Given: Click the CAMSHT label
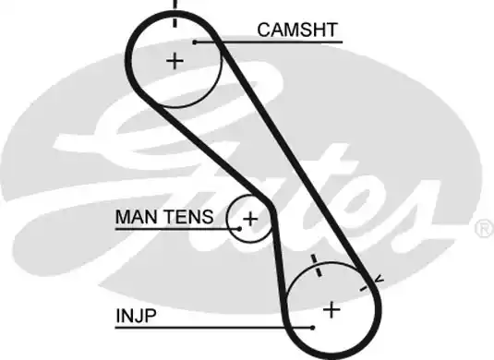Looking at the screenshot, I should tap(298, 30).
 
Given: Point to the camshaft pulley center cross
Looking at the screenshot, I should tap(175, 61).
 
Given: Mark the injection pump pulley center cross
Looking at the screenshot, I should tap(331, 308).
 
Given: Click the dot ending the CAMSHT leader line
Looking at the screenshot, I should tap(195, 42).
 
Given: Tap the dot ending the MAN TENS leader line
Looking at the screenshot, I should tap(238, 226).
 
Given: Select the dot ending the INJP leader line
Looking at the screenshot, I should tap(314, 326).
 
